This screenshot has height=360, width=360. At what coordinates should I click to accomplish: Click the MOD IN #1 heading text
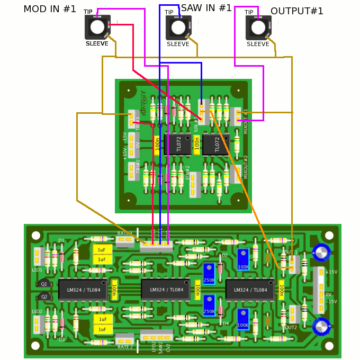(50, 9)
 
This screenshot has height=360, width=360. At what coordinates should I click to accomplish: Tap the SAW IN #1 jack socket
(178, 27)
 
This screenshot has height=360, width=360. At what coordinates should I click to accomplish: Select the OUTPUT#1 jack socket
(258, 27)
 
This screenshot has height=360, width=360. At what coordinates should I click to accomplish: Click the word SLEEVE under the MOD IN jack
(97, 44)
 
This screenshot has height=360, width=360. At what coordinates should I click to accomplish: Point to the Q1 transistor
(44, 284)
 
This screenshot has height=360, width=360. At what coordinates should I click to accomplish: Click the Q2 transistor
(44, 296)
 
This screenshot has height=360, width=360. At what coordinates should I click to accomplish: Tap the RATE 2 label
(125, 347)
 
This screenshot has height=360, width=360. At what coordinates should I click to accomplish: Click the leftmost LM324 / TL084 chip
(83, 290)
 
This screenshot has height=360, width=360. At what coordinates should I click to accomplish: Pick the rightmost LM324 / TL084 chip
(250, 290)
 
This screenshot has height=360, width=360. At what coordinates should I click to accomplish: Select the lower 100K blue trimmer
(243, 319)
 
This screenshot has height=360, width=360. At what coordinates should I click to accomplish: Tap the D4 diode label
(226, 323)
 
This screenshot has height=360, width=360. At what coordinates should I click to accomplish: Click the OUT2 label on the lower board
(290, 327)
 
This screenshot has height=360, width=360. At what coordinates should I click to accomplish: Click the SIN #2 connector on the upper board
(194, 184)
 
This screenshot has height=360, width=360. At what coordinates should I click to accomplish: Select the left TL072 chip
(175, 144)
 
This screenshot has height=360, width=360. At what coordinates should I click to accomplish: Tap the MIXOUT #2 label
(245, 167)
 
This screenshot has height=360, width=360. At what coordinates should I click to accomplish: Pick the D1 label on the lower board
(61, 240)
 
